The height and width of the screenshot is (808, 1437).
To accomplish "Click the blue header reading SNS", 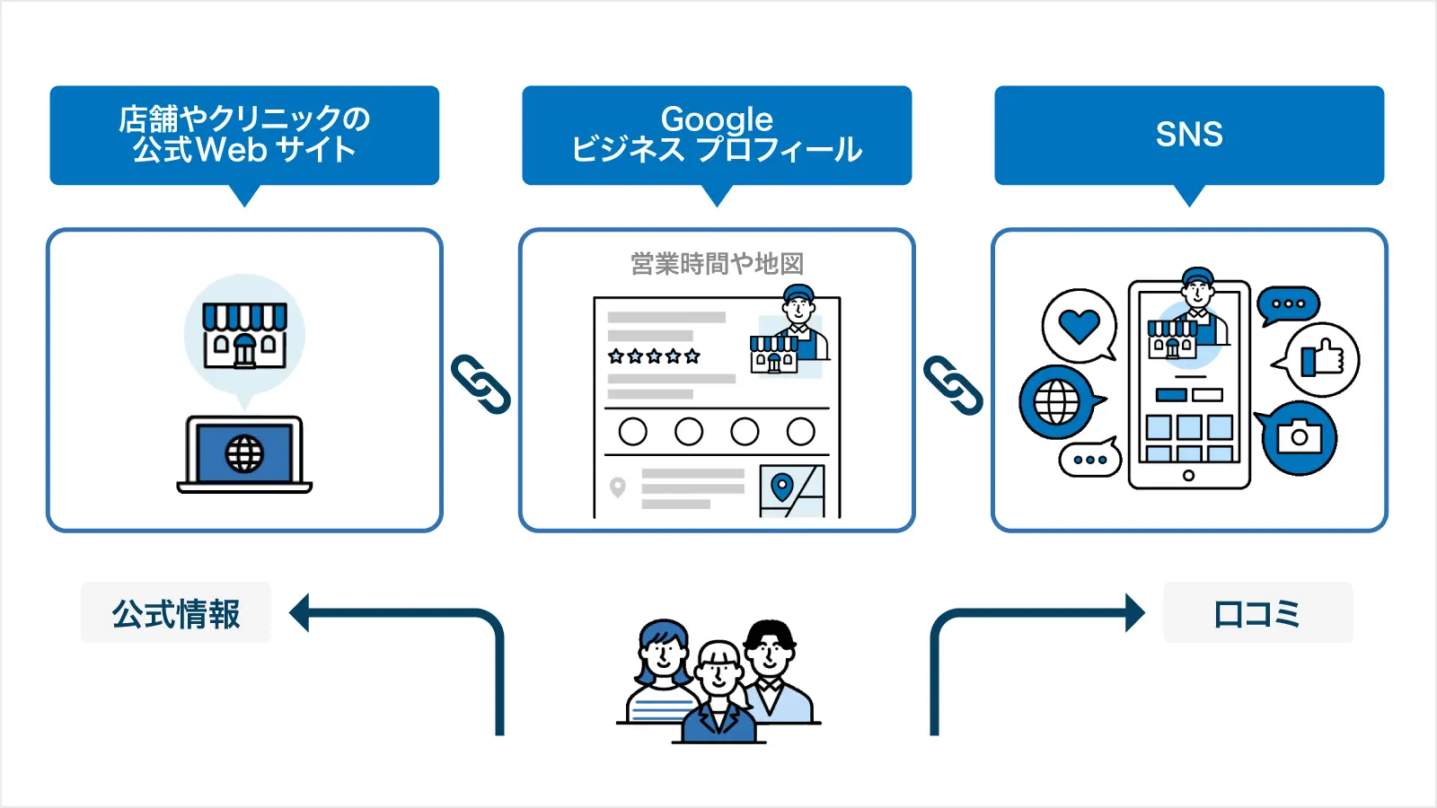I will click(x=1188, y=135).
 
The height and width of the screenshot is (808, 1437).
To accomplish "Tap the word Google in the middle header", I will click(x=717, y=119).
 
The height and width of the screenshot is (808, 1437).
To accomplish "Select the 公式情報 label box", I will click(x=176, y=613).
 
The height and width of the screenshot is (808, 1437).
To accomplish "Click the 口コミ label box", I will click(x=1257, y=613).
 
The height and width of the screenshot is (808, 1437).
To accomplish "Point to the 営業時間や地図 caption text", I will click(x=717, y=264).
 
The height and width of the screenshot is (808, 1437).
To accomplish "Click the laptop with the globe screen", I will click(x=244, y=453).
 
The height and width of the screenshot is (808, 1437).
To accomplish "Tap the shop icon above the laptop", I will click(x=244, y=335).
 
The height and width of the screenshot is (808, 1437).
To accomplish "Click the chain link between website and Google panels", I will click(x=480, y=384).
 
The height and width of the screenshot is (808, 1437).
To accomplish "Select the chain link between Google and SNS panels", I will click(x=953, y=385).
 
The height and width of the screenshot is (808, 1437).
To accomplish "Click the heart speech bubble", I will click(x=1079, y=326).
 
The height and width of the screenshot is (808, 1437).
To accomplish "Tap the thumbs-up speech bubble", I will click(x=1321, y=359).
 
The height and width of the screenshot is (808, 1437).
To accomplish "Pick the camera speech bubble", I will click(x=1299, y=437).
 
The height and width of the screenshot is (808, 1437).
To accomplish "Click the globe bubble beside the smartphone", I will click(x=1057, y=402).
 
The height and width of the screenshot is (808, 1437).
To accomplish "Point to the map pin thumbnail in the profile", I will click(x=790, y=491).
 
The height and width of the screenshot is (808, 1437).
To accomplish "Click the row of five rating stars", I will click(x=654, y=356).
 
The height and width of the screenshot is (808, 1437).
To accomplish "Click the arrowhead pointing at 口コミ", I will click(x=1135, y=613).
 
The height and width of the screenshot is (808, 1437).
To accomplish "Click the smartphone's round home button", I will click(x=1188, y=476).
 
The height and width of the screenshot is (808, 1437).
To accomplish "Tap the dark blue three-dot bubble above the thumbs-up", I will click(x=1288, y=304).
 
